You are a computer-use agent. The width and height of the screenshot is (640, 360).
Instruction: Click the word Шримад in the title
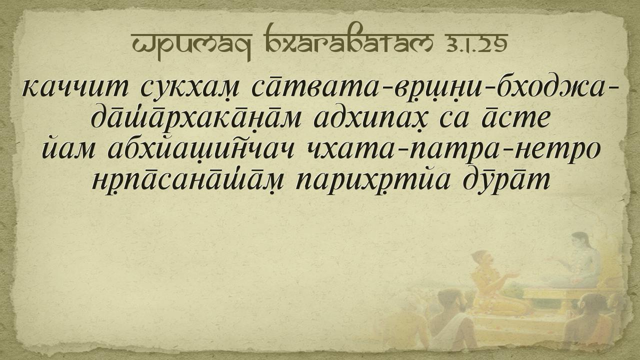[191, 43]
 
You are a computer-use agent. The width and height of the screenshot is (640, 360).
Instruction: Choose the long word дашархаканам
[196, 118]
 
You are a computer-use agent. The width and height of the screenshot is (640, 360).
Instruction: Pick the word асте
[515, 118]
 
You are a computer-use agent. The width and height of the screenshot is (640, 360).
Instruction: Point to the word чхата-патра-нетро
[453, 149]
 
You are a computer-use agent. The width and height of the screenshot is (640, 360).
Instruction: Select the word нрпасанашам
[187, 180]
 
